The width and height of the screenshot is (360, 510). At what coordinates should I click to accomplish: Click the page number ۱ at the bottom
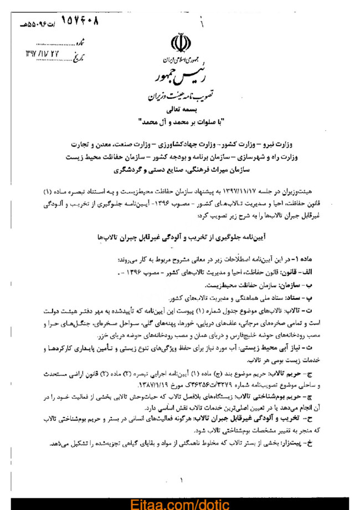tap(182, 480)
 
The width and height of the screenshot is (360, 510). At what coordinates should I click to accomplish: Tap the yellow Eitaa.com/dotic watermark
tap(179, 503)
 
